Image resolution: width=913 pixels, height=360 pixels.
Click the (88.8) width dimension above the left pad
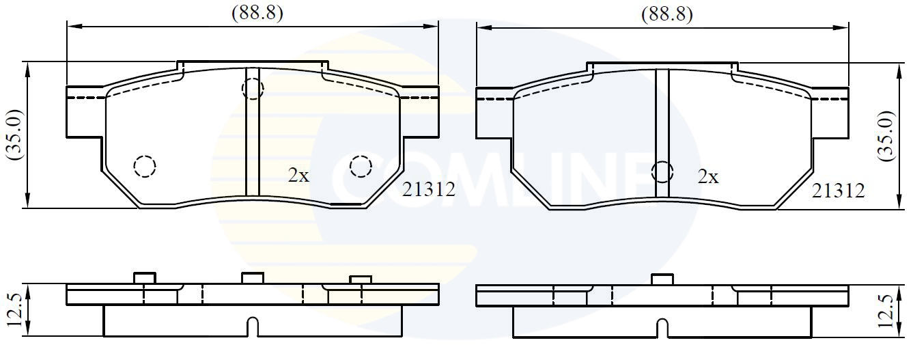click(x=257, y=13)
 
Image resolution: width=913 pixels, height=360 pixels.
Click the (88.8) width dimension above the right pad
click(x=666, y=14)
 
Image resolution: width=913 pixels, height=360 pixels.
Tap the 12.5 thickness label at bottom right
click(x=886, y=311)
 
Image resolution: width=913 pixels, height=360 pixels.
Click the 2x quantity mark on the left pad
click(x=299, y=176)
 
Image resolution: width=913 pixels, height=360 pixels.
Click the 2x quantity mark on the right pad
click(x=708, y=177)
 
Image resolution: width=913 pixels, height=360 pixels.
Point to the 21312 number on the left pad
click(x=428, y=189)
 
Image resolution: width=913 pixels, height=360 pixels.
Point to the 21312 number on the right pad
click(x=838, y=191)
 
